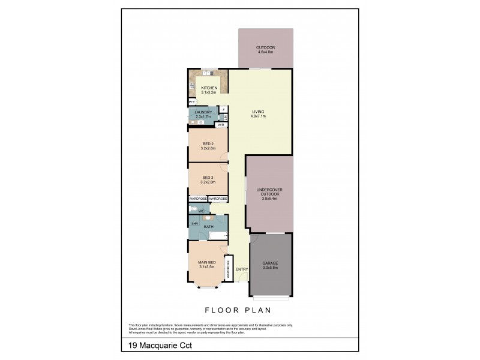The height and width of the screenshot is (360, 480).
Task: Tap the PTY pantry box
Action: coord(191,102)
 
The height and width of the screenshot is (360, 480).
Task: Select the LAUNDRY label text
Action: coord(203,112)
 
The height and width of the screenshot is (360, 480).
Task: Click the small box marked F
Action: coord(224,109)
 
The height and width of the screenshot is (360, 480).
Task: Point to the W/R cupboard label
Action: coord(221,125)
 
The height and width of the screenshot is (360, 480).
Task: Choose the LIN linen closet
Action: coord(225,117)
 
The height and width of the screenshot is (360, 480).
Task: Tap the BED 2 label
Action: coord(208,144)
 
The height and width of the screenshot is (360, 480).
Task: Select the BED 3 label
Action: coord(208,178)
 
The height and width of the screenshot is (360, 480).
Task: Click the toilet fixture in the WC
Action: coord(193,209)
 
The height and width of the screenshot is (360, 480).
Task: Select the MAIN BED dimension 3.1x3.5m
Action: coord(206,267)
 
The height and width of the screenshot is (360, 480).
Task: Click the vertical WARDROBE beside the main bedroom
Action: coord(228,268)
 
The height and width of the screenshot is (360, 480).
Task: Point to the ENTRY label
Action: coord(242,269)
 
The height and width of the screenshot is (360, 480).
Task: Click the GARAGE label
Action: coord(270,263)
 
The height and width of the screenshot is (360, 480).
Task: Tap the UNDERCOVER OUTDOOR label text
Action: coord(269,193)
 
